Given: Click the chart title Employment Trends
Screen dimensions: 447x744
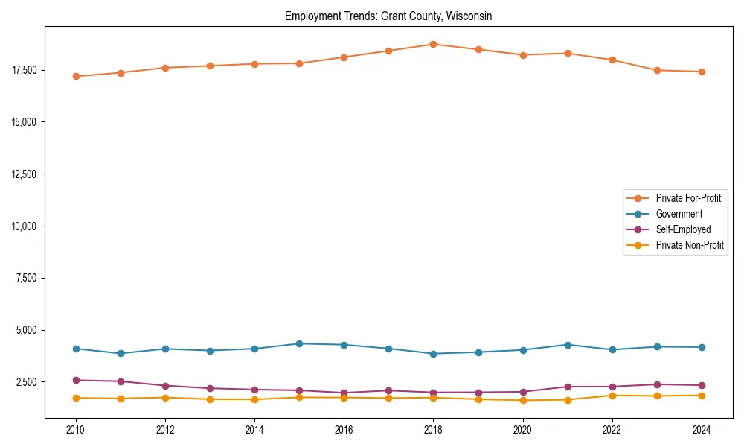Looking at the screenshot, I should point(388,16).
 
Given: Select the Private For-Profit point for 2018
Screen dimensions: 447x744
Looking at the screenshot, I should point(433,44).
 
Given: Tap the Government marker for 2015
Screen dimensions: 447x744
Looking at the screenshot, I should point(299,343).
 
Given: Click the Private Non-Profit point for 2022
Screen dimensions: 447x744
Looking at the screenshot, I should point(612,396).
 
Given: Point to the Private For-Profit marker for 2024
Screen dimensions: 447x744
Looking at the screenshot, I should point(702,72).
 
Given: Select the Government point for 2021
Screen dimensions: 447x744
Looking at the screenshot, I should point(568,345).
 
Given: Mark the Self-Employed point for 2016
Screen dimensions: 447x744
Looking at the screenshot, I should point(344,393).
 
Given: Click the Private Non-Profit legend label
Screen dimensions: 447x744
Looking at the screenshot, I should point(690,245).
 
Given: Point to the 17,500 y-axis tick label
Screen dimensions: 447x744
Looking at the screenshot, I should point(24,70).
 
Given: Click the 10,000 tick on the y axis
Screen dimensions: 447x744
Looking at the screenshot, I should point(24,226).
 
